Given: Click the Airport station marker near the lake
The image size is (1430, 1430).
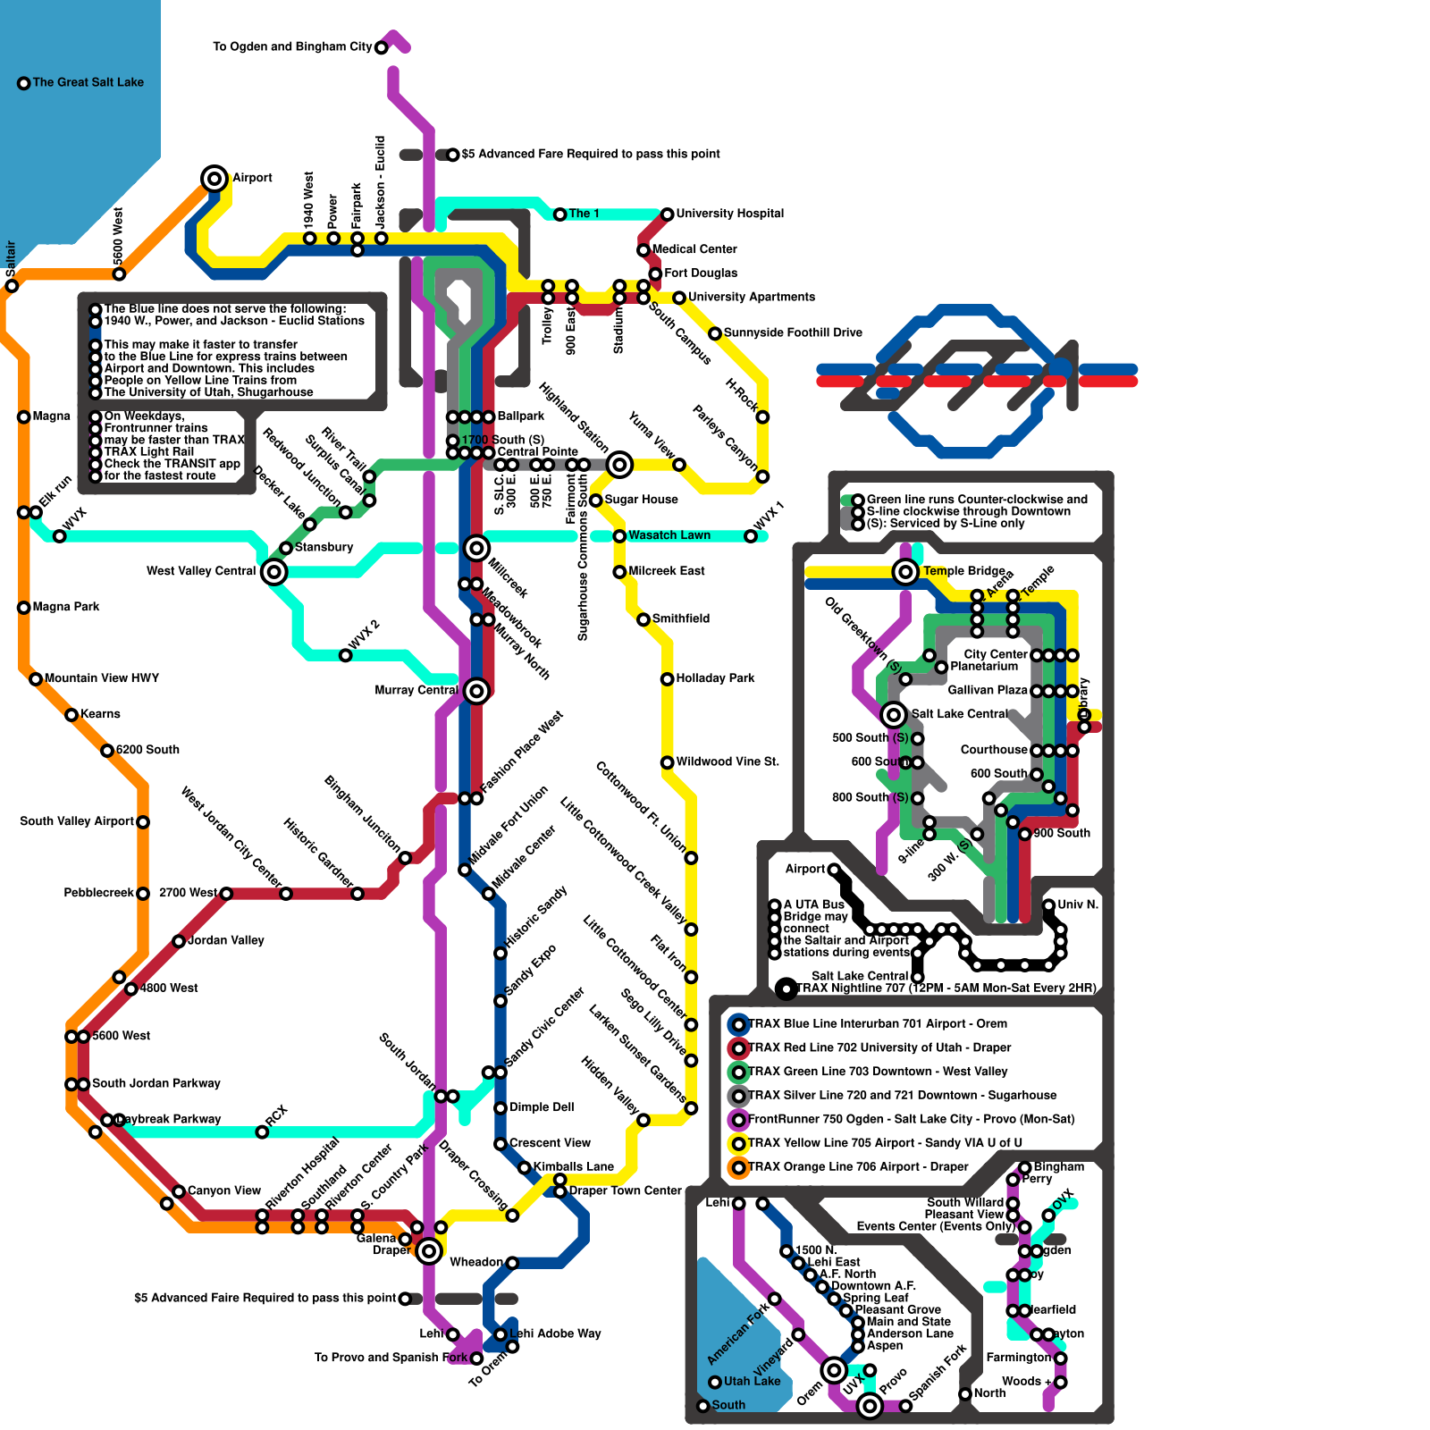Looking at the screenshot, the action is click(x=214, y=179).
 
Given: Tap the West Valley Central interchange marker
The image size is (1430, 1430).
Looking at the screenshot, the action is click(x=274, y=571).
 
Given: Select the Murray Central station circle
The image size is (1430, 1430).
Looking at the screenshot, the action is click(x=476, y=690).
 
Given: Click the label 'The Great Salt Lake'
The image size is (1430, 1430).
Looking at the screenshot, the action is click(x=88, y=82).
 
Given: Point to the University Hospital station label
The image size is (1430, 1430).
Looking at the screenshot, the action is click(x=729, y=214).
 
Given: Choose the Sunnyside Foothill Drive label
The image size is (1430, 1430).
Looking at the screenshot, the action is click(x=793, y=332).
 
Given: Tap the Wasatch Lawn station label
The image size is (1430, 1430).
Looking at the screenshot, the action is click(x=669, y=535).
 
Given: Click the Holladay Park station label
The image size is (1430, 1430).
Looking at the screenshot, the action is click(x=715, y=678).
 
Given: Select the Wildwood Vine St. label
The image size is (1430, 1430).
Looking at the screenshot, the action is click(x=728, y=761).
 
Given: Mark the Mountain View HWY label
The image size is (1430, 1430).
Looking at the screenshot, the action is click(x=101, y=678).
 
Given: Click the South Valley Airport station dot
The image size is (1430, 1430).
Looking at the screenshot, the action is click(x=143, y=821).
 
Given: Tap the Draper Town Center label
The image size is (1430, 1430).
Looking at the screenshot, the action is click(x=625, y=1190).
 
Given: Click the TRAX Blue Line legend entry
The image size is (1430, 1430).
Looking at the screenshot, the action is click(x=877, y=1023).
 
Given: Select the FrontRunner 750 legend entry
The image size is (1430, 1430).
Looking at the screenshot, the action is click(x=911, y=1119).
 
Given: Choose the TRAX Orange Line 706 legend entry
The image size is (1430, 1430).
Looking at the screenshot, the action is click(x=858, y=1166).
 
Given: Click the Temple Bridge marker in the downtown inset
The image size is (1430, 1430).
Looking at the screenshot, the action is click(x=905, y=571).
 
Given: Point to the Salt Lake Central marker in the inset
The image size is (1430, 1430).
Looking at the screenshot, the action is click(x=894, y=714).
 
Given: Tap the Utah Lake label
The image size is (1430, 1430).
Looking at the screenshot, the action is click(x=752, y=1381).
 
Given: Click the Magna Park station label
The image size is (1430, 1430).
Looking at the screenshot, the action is click(x=66, y=607).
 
